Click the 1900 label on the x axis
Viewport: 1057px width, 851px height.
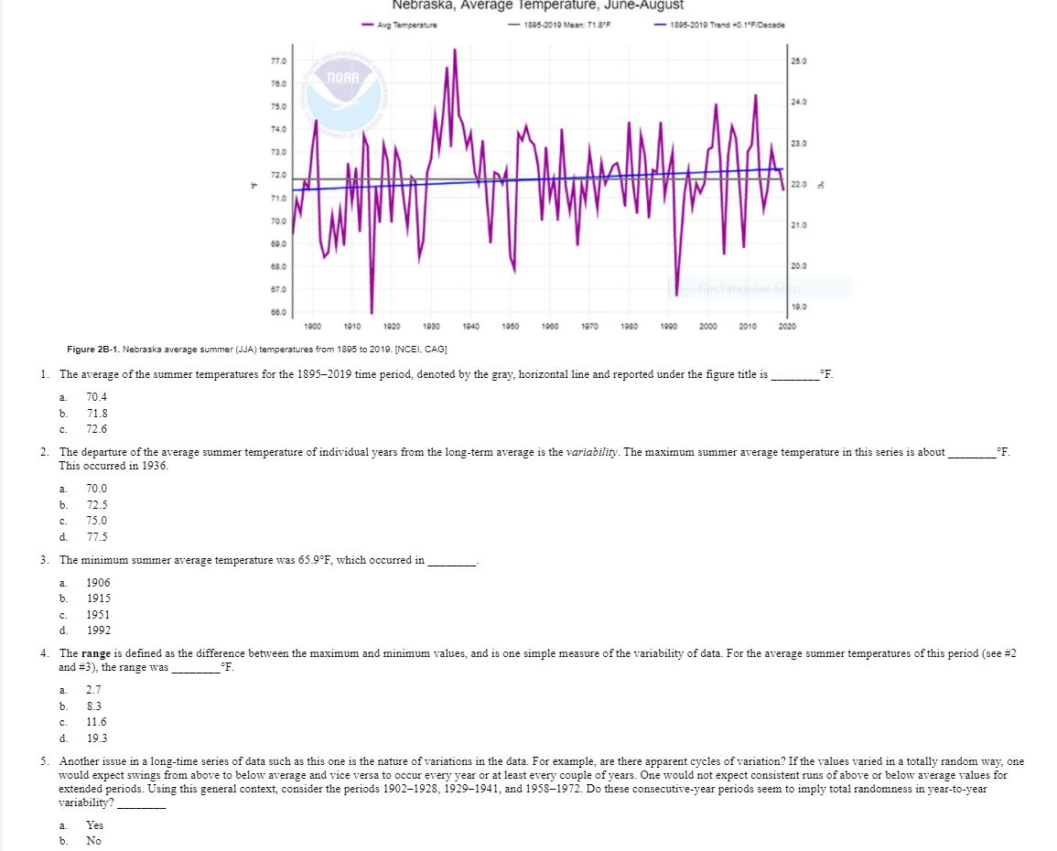click(311, 326)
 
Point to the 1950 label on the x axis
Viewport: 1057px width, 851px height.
click(509, 326)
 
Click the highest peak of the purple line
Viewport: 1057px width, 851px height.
click(454, 49)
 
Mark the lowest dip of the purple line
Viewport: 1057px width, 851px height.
click(372, 312)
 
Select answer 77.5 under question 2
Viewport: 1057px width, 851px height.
click(97, 536)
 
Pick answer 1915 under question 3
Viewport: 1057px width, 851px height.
click(98, 598)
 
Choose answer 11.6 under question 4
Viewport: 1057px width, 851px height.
click(97, 721)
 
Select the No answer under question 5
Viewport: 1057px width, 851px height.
click(93, 840)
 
